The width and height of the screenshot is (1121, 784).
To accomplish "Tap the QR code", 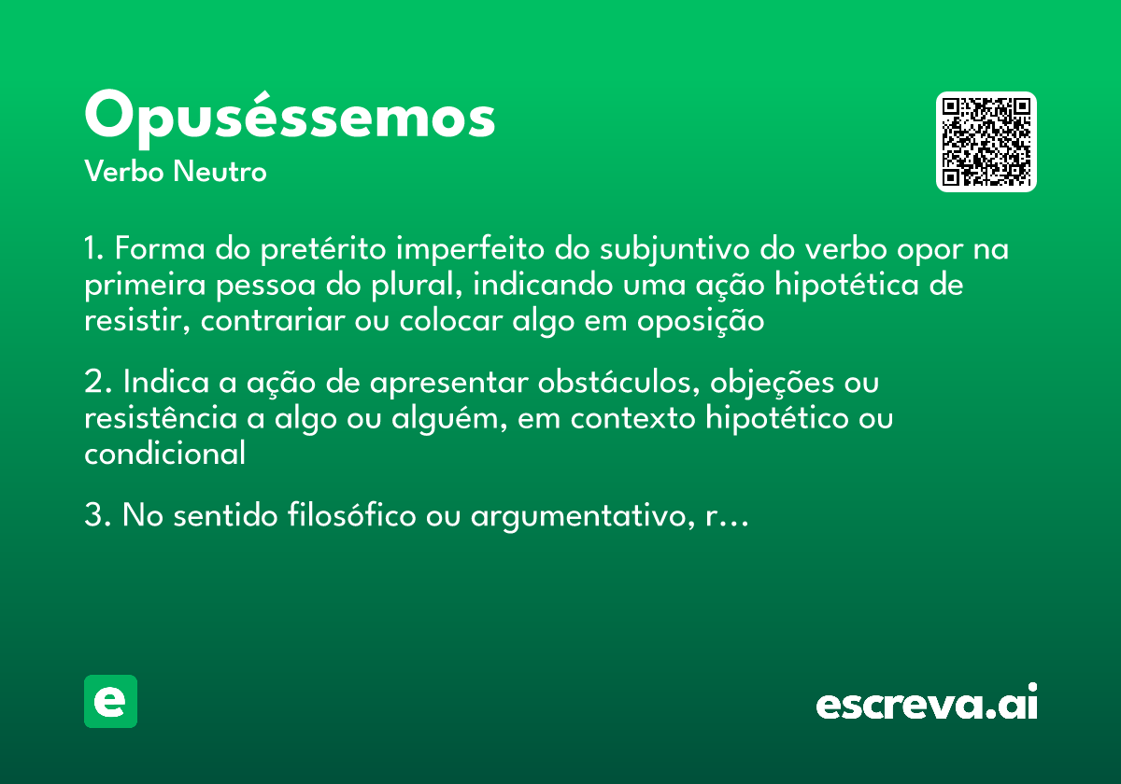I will [x=986, y=142].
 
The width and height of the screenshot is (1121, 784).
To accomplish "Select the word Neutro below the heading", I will [x=220, y=173].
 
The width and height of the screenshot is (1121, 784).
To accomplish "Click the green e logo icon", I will [x=110, y=701].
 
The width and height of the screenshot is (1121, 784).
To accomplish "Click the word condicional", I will [x=164, y=455].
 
